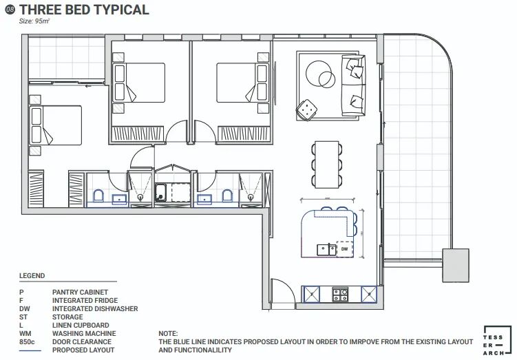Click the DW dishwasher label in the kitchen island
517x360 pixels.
[x=344, y=249]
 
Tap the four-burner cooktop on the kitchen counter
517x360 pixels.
[x=340, y=295]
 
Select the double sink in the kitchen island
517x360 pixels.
[x=326, y=250]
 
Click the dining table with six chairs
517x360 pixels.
[x=327, y=165]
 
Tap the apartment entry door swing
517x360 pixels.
[x=283, y=293]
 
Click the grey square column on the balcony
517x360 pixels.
[x=455, y=266]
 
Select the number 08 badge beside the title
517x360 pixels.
[x=10, y=10]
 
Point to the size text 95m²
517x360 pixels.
[x=34, y=21]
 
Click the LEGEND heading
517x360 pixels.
[x=32, y=275]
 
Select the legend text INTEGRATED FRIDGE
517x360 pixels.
[x=85, y=300]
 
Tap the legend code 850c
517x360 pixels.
[x=27, y=341]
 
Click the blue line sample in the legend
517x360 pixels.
[x=30, y=350]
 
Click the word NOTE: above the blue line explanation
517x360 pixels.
[x=168, y=333]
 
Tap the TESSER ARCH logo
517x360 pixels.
[x=494, y=341]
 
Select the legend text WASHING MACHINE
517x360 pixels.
[x=84, y=333]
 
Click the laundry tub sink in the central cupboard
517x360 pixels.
[x=160, y=192]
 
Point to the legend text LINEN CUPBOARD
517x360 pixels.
[x=81, y=325]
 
